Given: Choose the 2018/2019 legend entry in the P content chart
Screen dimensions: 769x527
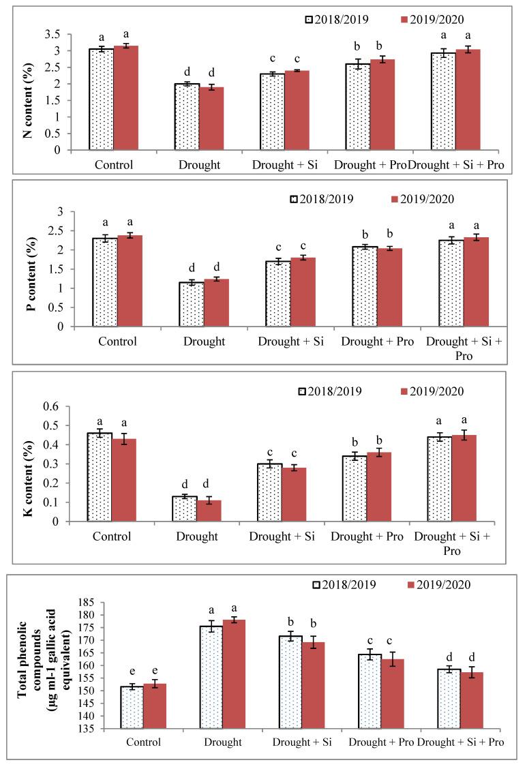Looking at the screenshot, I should point(320,199).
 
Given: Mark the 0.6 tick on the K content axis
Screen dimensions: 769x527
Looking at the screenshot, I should point(70,407).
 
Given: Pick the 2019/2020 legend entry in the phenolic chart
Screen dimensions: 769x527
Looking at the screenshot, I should point(436,584).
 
